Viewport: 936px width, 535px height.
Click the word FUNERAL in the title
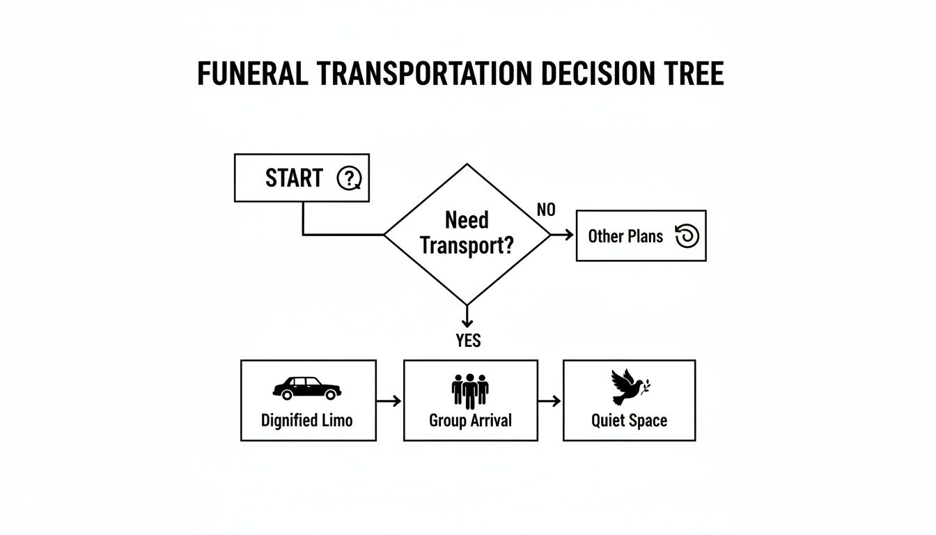click(x=252, y=74)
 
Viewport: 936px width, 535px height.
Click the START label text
click(x=294, y=178)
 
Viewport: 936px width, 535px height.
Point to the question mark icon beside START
click(x=349, y=178)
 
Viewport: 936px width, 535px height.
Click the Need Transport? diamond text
click(x=467, y=233)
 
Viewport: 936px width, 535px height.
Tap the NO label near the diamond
click(x=547, y=210)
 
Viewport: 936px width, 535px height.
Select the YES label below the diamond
click(x=468, y=341)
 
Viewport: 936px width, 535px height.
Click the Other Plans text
click(x=625, y=236)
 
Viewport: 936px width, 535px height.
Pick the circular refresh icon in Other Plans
click(x=687, y=236)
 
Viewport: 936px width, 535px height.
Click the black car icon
click(x=307, y=388)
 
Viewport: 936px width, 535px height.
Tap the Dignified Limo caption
click(x=307, y=420)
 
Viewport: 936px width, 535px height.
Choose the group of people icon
click(x=470, y=390)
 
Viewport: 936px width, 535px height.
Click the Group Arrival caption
click(x=470, y=420)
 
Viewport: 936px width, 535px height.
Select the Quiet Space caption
click(x=629, y=420)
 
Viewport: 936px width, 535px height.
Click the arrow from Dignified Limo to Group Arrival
click(x=389, y=401)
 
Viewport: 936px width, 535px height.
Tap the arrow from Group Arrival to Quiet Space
click(x=550, y=401)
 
